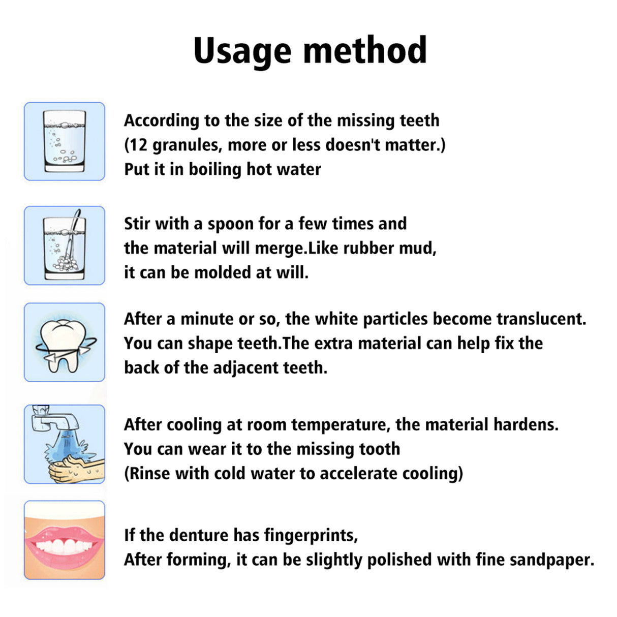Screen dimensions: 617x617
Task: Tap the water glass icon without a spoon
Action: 65,141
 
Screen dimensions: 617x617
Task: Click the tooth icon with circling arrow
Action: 65,343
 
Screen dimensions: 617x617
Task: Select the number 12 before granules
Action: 138,145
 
